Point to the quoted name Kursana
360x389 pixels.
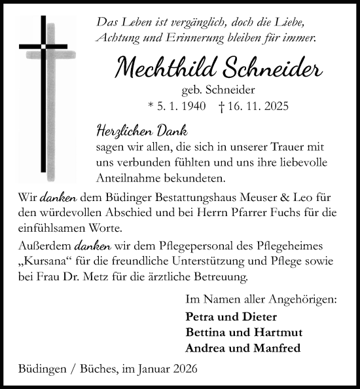click(45, 262)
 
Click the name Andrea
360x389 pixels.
click(205, 348)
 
